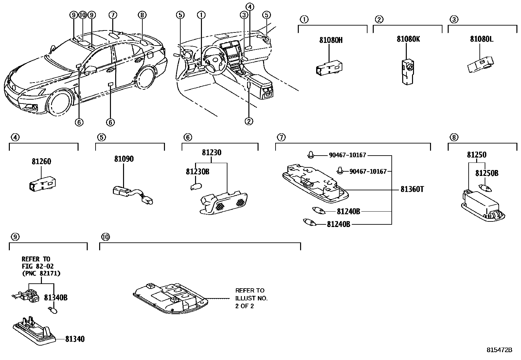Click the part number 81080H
click(x=331, y=40)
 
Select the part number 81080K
click(x=408, y=39)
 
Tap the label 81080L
click(x=481, y=39)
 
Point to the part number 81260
click(x=42, y=161)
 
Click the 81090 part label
click(x=124, y=159)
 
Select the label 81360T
click(x=412, y=189)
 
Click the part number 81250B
click(x=487, y=173)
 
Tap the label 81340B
click(x=56, y=298)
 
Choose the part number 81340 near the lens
click(x=75, y=339)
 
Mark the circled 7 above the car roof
click(x=113, y=15)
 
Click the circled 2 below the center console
click(x=249, y=121)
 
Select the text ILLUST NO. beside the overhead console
click(x=251, y=298)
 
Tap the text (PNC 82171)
click(x=41, y=273)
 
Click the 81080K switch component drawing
click(x=408, y=71)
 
